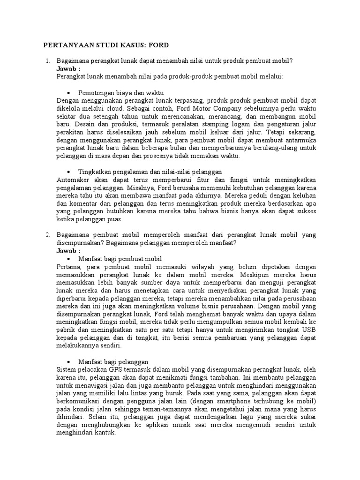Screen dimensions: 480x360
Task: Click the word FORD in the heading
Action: (157, 45)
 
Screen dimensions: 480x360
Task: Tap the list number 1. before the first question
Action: (47, 61)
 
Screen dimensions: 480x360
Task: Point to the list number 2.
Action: (47, 234)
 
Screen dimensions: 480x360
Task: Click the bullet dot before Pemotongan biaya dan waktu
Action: (69, 93)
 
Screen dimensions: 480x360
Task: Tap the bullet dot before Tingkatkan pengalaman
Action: (69, 172)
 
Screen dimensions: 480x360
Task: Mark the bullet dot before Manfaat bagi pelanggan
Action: (69, 362)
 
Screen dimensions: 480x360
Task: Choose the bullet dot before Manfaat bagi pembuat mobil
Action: (69, 259)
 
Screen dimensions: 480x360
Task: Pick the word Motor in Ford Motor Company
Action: (196, 108)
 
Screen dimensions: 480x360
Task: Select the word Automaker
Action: (72, 180)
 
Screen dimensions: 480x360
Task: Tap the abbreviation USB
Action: (309, 330)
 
